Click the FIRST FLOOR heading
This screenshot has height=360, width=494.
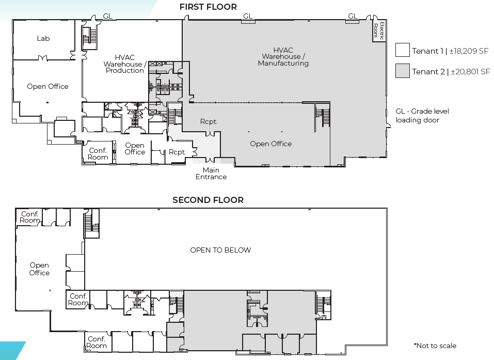208,7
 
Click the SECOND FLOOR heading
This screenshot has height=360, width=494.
208,200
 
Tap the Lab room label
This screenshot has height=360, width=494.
43,39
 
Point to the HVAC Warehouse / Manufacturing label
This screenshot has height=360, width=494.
283,57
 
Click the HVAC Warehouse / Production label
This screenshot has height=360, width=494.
124,64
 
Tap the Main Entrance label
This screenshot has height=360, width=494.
211,174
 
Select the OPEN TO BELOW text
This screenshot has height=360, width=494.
220,250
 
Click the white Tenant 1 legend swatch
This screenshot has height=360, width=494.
403,50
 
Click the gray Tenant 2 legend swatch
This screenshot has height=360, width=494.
403,71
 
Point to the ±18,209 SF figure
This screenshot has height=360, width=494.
470,51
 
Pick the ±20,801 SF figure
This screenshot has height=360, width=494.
470,72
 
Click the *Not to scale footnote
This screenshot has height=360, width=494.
435,346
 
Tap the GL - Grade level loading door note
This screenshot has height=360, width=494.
422,116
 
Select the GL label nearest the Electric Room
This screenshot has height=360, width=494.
353,17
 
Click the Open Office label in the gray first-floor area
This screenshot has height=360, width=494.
270,144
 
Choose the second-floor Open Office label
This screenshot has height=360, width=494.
39,269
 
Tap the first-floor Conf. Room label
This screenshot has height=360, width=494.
98,154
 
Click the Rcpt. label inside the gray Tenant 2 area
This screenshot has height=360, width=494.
209,122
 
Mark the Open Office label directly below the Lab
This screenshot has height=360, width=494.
47,86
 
